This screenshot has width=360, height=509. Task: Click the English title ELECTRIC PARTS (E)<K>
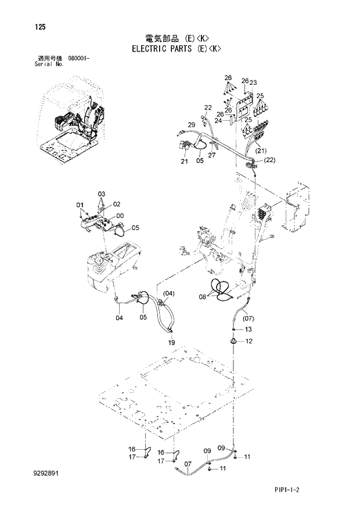coord(180,49)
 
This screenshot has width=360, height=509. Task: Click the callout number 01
coord(80,205)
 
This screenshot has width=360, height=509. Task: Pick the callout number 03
coord(101,193)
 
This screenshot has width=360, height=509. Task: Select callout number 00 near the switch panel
coord(121,216)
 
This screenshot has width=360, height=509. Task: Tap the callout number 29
coord(191,125)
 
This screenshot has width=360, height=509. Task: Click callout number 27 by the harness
coord(212,156)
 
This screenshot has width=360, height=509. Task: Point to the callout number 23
coord(253,83)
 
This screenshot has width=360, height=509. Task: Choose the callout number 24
coord(218,121)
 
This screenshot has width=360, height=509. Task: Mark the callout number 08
coord(202,296)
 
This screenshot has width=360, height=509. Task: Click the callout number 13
coord(248,329)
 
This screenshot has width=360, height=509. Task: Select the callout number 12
coord(248,341)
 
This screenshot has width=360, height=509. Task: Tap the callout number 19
coord(172,343)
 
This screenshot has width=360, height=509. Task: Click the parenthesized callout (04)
coord(168,293)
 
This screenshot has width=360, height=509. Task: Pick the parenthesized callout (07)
coord(248,318)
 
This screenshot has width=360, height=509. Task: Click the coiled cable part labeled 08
coord(220,289)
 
